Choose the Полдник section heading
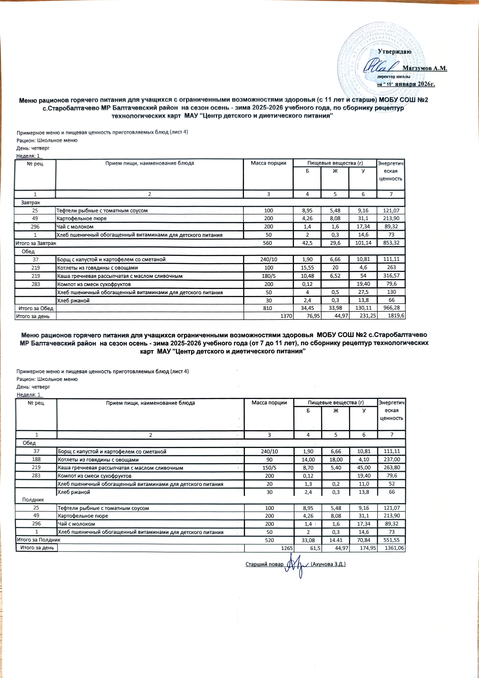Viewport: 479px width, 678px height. pos(33,500)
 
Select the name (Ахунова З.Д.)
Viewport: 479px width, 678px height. pos(328,564)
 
